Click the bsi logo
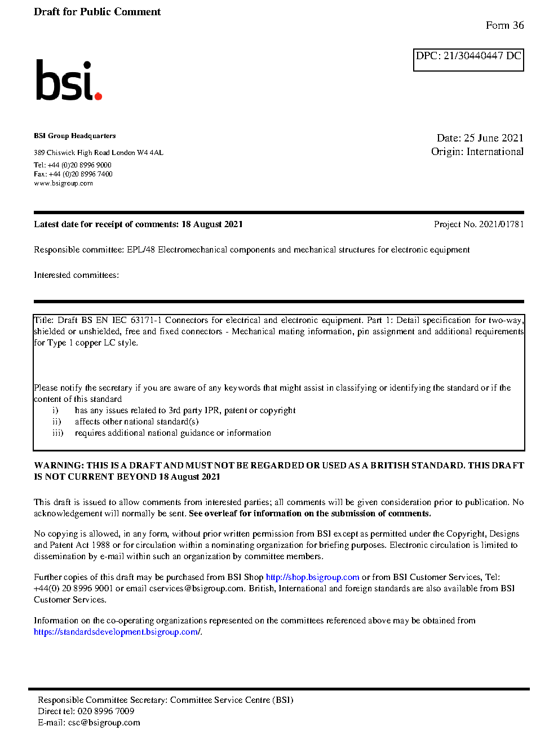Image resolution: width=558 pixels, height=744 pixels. (68, 81)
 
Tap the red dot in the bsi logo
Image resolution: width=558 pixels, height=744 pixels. (98, 96)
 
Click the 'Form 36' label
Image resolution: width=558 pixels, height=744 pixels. (504, 25)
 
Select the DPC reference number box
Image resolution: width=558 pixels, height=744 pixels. (468, 60)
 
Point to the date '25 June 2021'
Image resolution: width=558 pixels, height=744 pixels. (493, 138)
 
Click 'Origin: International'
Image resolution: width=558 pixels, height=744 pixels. (477, 152)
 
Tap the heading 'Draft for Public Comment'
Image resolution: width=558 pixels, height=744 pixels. (97, 12)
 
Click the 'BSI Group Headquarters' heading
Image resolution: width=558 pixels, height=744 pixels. (74, 136)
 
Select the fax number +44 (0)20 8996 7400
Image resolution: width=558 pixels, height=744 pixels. (81, 174)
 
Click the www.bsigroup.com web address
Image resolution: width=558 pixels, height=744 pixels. (63, 183)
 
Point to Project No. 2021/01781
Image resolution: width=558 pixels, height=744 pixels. (479, 224)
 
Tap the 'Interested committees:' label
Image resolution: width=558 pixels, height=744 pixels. (76, 275)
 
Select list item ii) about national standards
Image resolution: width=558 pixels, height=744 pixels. (136, 422)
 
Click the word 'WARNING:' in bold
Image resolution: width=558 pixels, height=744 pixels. (59, 466)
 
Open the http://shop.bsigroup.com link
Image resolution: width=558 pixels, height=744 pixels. (312, 577)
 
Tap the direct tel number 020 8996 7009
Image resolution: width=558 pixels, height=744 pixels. (105, 711)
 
